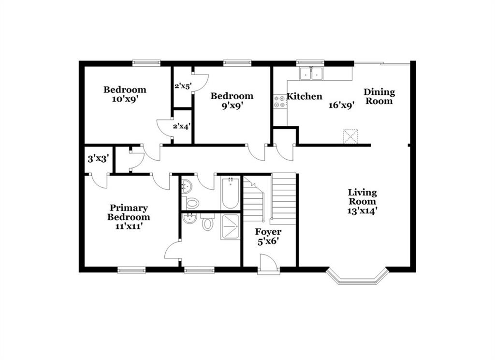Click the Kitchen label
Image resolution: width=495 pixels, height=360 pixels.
coord(305,96)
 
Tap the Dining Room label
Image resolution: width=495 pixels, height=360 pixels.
coord(379,97)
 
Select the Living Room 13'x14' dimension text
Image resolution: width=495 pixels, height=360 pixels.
coord(363,211)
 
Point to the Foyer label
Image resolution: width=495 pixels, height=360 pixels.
coord(268,232)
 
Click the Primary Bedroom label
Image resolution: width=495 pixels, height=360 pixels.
coord(129,213)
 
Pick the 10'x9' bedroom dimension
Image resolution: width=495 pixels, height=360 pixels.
coord(125,99)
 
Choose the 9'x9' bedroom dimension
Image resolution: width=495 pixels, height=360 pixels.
coord(232,105)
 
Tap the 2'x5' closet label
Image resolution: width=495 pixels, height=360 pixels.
coord(183,86)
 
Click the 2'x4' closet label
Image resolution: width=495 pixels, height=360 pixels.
coord(181,127)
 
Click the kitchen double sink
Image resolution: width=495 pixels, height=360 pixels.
coord(311,74)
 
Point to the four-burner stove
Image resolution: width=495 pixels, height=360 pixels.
coord(279,102)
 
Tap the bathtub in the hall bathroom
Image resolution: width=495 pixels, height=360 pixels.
coord(230,193)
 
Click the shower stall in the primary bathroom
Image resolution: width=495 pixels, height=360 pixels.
coord(230,226)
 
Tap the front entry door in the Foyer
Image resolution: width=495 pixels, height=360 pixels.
coord(269,263)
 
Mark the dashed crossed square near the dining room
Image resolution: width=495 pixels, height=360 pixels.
coord(350,136)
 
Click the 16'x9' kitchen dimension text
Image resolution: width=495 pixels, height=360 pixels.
coord(341,105)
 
